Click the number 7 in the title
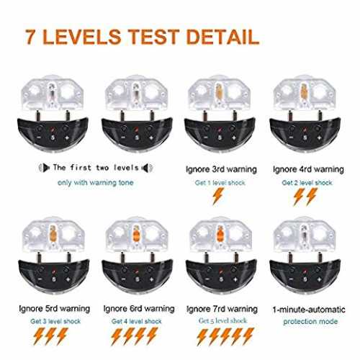(30, 37)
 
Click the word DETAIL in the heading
(222, 37)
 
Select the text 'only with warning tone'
(95, 183)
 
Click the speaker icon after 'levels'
(147, 168)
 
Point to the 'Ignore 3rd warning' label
(221, 169)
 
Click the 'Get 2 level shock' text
(307, 183)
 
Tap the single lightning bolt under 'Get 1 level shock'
(218, 196)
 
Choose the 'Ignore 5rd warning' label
(54, 308)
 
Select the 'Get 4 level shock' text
(136, 321)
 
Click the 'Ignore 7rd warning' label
(222, 309)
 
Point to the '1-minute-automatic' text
(309, 310)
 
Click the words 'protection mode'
(310, 321)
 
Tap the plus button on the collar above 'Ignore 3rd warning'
(234, 138)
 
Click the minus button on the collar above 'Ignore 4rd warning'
(291, 138)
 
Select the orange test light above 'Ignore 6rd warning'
(136, 233)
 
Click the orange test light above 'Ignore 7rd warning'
(220, 233)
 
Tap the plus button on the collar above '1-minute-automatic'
(319, 279)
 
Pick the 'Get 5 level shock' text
(222, 320)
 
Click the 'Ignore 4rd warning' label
(308, 169)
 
